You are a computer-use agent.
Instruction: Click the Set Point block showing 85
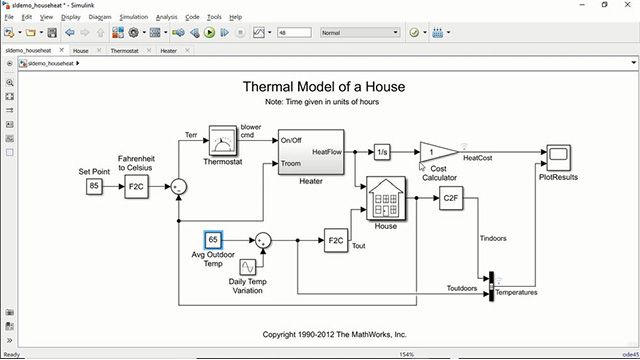pyautogui.click(x=94, y=186)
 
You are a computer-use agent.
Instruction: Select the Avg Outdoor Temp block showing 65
pyautogui.click(x=213, y=240)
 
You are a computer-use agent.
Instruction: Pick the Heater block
pyautogui.click(x=311, y=151)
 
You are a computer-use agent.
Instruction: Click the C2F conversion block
pyautogui.click(x=449, y=198)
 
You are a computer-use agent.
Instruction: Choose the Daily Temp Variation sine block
pyautogui.click(x=247, y=265)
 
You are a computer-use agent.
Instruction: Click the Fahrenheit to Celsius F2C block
pyautogui.click(x=136, y=186)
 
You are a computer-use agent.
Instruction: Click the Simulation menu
pyautogui.click(x=133, y=17)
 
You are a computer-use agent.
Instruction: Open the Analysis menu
pyautogui.click(x=166, y=17)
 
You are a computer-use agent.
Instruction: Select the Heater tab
pyautogui.click(x=169, y=49)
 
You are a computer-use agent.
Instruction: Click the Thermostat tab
pyautogui.click(x=125, y=49)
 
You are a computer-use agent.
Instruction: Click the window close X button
pyautogui.click(x=627, y=5)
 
